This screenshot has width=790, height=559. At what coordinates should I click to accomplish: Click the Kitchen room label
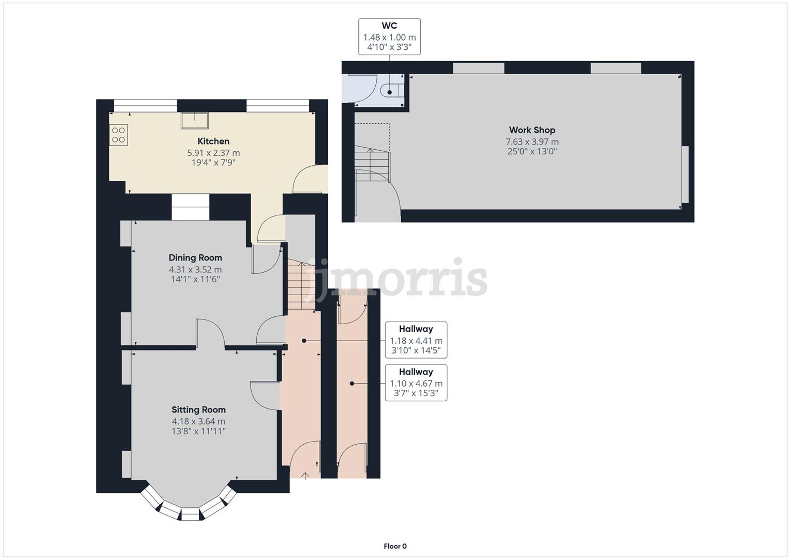pyautogui.click(x=213, y=141)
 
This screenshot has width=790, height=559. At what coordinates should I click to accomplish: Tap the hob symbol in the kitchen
pyautogui.click(x=118, y=135)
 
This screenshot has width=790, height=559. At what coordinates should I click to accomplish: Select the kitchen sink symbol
pyautogui.click(x=195, y=120)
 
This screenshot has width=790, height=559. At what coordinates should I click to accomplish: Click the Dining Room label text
pyautogui.click(x=195, y=258)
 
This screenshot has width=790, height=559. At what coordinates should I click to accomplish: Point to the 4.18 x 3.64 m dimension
pyautogui.click(x=198, y=421)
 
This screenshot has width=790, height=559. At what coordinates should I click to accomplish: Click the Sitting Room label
pyautogui.click(x=198, y=410)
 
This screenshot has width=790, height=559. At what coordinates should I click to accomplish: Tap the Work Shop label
pyautogui.click(x=532, y=130)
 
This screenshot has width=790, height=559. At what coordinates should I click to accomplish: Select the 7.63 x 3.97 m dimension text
pyautogui.click(x=532, y=141)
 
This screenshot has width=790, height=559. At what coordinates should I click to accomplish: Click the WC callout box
pyautogui.click(x=389, y=36)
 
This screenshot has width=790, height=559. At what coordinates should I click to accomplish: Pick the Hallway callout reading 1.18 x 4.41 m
pyautogui.click(x=416, y=340)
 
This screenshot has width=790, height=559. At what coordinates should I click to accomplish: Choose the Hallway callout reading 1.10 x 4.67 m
pyautogui.click(x=416, y=383)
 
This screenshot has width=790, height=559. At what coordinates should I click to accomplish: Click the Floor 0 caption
pyautogui.click(x=395, y=546)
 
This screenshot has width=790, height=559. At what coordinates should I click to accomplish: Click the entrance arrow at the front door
pyautogui.click(x=305, y=476)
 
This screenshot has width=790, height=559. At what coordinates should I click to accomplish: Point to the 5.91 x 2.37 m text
pyautogui.click(x=213, y=153)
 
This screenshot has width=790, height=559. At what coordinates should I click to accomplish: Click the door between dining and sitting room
pyautogui.click(x=211, y=334)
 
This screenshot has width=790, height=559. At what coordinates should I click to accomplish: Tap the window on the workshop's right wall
pyautogui.click(x=685, y=174)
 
